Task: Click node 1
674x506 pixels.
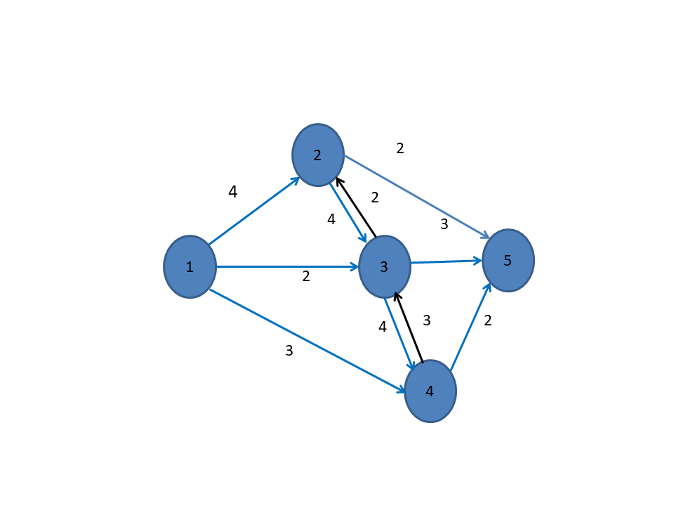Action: pyautogui.click(x=190, y=266)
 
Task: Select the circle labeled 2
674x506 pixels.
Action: pyautogui.click(x=318, y=155)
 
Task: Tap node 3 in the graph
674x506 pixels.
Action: pyautogui.click(x=384, y=266)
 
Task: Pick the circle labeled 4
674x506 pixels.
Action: pyautogui.click(x=430, y=391)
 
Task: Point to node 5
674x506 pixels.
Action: pyautogui.click(x=508, y=261)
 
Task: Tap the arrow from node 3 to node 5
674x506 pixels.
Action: pyautogui.click(x=446, y=261)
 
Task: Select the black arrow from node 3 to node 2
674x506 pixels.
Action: pyautogui.click(x=357, y=207)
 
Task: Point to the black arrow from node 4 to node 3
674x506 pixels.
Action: pyautogui.click(x=409, y=326)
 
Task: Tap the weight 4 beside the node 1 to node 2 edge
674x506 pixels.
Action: pyautogui.click(x=233, y=192)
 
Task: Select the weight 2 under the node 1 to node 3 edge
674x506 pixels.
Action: pyautogui.click(x=306, y=277)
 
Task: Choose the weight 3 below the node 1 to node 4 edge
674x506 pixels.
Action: pyautogui.click(x=289, y=351)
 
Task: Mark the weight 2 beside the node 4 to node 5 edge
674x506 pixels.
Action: pyautogui.click(x=488, y=320)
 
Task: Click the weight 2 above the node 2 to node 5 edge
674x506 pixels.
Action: pyautogui.click(x=400, y=148)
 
